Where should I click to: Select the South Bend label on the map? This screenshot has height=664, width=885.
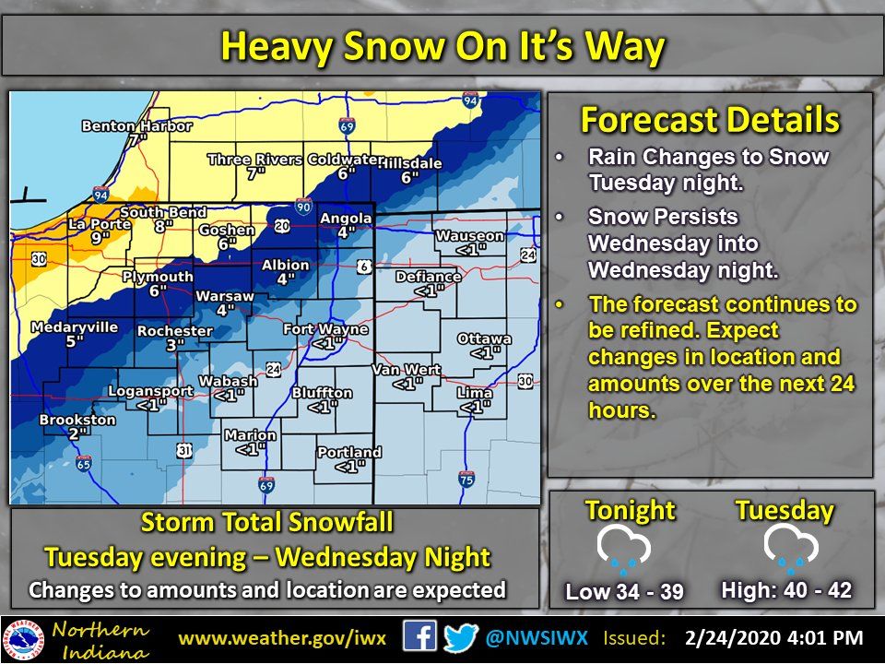[163, 212]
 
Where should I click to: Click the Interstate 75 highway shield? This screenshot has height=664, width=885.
[466, 480]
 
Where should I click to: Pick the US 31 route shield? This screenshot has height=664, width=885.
[184, 450]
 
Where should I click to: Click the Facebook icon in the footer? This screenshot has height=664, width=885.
[419, 638]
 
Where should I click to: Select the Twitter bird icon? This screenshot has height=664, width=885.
[460, 638]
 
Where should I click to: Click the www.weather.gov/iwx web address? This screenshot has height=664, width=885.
[289, 638]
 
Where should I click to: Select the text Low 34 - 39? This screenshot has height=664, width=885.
[625, 591]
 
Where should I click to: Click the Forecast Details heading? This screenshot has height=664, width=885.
[710, 120]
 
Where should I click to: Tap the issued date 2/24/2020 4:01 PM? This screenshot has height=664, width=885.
[773, 638]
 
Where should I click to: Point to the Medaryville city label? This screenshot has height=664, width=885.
[74, 326]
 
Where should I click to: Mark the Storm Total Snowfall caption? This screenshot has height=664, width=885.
[266, 523]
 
